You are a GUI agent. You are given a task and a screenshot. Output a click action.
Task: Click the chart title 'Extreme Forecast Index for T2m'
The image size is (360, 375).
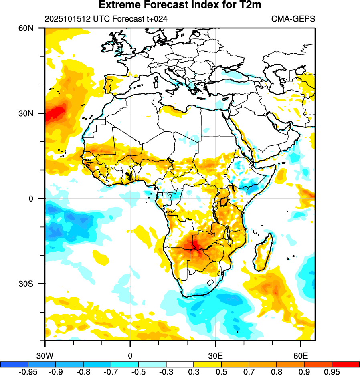pos(180,5)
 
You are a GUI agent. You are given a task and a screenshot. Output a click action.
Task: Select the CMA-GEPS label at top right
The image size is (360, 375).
pos(293,19)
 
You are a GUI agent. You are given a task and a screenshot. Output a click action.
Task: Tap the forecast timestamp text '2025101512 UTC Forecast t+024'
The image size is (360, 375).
pos(106,19)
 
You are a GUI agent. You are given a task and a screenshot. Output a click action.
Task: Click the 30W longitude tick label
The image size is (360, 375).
pos(45,355)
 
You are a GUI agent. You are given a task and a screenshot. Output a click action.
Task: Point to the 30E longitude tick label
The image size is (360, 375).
pos(216,355)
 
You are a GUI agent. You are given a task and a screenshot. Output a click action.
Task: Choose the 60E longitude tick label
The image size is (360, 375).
pos(301,355)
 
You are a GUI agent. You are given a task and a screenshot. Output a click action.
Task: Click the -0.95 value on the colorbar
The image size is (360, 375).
pos(28,371)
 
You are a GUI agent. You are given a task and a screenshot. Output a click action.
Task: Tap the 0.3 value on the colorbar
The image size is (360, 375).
pos(194,371)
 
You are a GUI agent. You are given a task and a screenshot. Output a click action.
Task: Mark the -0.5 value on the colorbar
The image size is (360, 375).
pos(138,371)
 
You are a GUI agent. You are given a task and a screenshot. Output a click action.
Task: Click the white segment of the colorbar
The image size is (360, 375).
pos(180,364)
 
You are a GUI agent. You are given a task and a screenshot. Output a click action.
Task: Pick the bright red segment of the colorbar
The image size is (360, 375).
pos(346,364)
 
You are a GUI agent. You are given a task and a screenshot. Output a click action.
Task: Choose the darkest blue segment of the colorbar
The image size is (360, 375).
pos(14,364)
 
